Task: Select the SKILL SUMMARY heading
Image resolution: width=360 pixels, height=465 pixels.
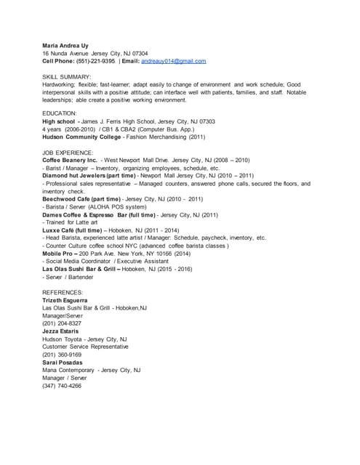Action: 66,76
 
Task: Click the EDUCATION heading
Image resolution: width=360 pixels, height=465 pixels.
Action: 60,113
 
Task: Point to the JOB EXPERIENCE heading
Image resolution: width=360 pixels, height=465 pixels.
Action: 68,151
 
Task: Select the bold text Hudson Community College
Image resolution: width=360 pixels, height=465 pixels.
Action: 80,136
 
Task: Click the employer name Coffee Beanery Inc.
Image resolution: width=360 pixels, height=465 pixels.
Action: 70,159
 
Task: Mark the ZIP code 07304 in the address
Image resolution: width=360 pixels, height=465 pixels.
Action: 135,53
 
